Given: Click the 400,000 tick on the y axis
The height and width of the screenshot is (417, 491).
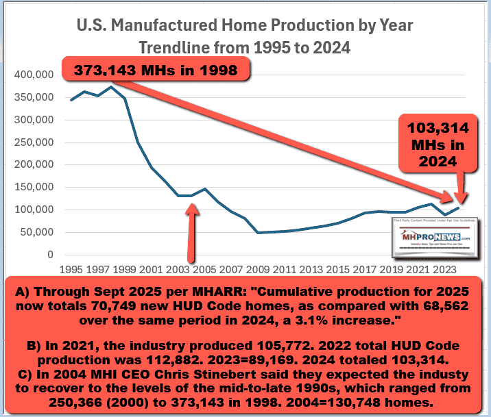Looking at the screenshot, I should pos(33,74).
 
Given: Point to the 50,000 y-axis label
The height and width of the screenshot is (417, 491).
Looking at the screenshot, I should pos(36,232).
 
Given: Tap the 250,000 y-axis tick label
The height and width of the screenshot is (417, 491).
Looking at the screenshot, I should pos(33,142).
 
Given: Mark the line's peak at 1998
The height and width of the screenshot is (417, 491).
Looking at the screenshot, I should pos(112,87).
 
